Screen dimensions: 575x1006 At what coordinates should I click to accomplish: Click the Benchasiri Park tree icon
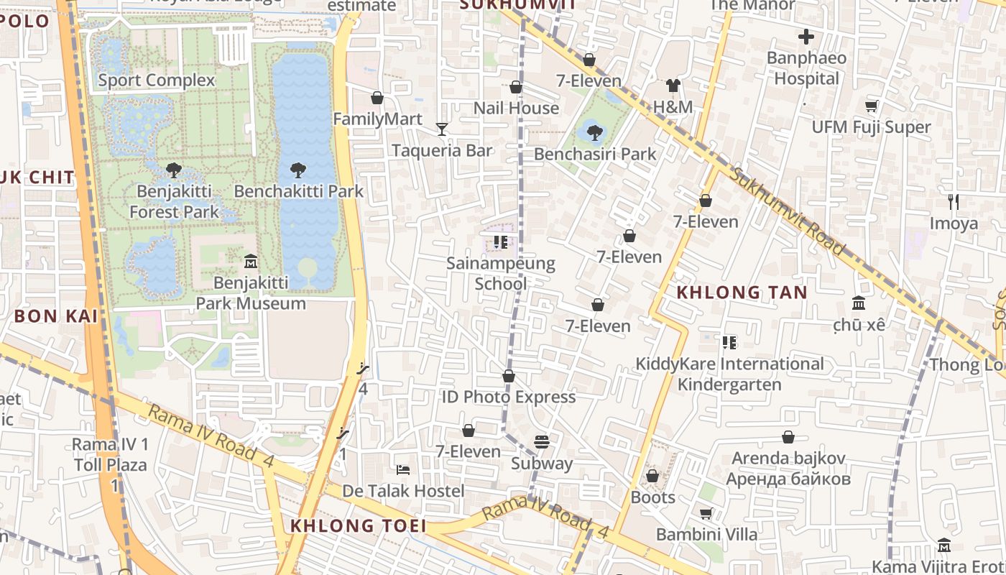(594, 132)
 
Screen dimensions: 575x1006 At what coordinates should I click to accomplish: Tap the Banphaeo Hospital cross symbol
(806, 37)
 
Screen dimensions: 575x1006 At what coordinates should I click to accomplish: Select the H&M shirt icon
(673, 86)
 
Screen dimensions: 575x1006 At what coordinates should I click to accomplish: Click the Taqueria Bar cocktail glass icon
(442, 129)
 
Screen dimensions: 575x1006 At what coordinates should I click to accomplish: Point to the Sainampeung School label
(501, 273)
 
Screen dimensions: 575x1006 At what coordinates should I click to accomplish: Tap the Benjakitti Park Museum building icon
(251, 261)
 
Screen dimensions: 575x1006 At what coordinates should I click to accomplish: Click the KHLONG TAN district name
(742, 293)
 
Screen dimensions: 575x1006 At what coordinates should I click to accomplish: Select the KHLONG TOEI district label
(358, 526)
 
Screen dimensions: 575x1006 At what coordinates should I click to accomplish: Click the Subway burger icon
(542, 442)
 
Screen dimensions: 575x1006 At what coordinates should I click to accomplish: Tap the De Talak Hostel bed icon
(403, 470)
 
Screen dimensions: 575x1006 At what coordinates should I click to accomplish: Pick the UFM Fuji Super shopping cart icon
(872, 106)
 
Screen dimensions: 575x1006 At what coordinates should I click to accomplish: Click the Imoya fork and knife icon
(954, 202)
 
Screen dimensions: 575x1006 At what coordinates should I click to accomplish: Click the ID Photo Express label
(509, 397)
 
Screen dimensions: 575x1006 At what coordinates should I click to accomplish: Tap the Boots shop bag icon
(652, 476)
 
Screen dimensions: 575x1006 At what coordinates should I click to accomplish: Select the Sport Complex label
(157, 80)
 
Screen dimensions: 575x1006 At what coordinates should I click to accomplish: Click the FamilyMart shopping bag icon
(377, 98)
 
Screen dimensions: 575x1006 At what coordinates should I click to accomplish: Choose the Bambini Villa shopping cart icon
(706, 513)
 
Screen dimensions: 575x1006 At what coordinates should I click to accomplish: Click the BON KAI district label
(55, 316)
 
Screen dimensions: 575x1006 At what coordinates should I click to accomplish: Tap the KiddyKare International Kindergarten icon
(729, 343)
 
